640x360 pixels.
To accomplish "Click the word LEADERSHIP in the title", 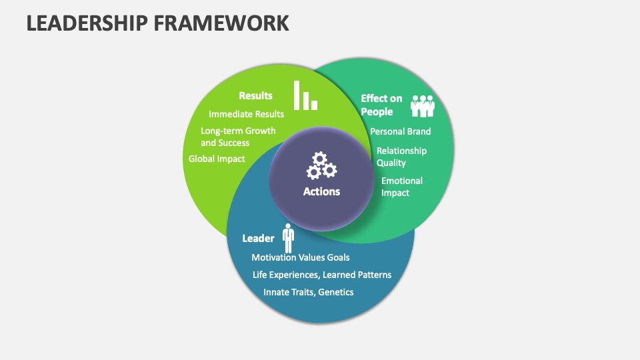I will click(79, 22).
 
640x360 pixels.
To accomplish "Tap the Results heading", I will click(255, 95).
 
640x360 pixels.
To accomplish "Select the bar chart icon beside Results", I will click(306, 95).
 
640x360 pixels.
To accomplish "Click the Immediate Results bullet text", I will click(246, 114).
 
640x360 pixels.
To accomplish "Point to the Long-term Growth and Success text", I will click(237, 137).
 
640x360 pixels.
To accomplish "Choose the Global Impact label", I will click(217, 159).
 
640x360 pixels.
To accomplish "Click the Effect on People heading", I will click(381, 105).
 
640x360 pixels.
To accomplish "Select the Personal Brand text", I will click(400, 131).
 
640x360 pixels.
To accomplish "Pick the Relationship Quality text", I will click(401, 157).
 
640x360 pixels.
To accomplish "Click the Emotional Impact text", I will click(401, 187).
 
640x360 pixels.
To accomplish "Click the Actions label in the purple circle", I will click(321, 191).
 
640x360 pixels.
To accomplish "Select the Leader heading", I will click(258, 238).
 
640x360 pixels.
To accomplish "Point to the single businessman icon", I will click(288, 238).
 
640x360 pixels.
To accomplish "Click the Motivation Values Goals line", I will click(300, 257).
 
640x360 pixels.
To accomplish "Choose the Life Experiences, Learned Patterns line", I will click(321, 275).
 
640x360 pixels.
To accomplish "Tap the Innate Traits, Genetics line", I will click(308, 292).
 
